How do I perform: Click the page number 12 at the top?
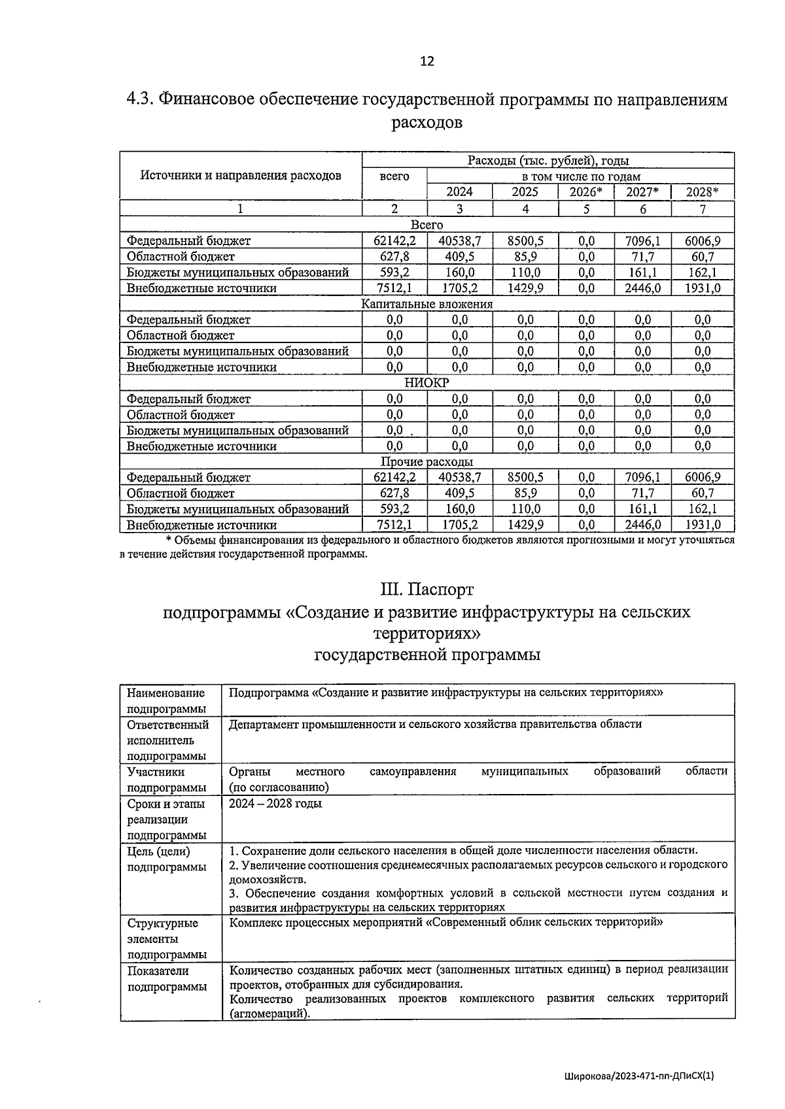pyautogui.click(x=427, y=61)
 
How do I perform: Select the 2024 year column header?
pyautogui.click(x=459, y=192)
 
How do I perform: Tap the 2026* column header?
pyautogui.click(x=586, y=192)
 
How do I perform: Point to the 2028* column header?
pyautogui.click(x=702, y=192)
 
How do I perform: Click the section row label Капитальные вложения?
pyautogui.click(x=427, y=304)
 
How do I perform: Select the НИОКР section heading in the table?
pyautogui.click(x=427, y=383)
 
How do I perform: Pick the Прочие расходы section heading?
pyautogui.click(x=427, y=462)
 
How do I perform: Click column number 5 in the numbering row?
pyautogui.click(x=586, y=209)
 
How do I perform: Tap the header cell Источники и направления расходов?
pyautogui.click(x=241, y=176)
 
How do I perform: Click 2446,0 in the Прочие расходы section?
pyautogui.click(x=642, y=525)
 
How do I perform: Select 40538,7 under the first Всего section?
pyautogui.click(x=459, y=240)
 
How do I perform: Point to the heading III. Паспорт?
pyautogui.click(x=427, y=589)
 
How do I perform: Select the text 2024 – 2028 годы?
pyautogui.click(x=275, y=804)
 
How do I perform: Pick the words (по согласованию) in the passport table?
pyautogui.click(x=279, y=787)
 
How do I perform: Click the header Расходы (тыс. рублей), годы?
pyautogui.click(x=548, y=161)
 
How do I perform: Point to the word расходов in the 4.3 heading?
pyautogui.click(x=427, y=122)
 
